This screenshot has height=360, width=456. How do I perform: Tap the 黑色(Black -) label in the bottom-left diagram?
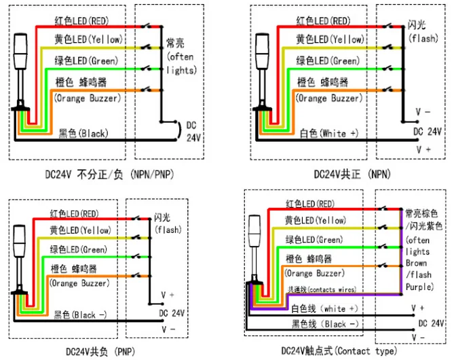click(83, 314)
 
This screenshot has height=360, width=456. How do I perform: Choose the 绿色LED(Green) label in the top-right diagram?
click(327, 61)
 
